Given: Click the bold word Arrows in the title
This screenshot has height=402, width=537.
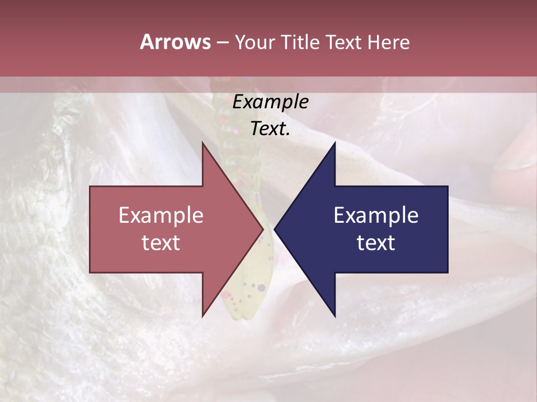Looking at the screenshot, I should [x=175, y=42].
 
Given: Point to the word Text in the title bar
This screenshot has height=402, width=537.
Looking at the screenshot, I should [x=343, y=42].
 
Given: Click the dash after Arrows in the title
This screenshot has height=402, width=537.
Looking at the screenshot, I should [x=222, y=43].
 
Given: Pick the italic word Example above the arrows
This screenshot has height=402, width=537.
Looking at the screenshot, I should [x=270, y=102].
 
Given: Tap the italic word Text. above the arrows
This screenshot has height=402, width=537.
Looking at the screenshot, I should [x=270, y=129].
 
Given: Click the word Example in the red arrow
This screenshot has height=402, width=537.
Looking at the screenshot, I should [x=161, y=216].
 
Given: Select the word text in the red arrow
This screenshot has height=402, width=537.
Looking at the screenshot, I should [x=161, y=243].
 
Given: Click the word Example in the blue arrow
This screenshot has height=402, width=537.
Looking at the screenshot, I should [x=376, y=216].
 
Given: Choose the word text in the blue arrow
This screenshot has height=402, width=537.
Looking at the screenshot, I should [x=376, y=243].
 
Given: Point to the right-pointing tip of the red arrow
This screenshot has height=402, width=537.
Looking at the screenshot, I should [x=262, y=229].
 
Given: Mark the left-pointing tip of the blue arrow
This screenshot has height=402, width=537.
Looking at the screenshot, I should [x=275, y=229].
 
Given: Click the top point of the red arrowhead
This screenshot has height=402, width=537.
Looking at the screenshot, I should [x=202, y=143].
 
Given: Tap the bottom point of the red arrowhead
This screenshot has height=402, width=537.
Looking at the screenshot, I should [x=202, y=316].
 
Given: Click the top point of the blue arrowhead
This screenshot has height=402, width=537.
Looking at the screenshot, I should [x=335, y=143].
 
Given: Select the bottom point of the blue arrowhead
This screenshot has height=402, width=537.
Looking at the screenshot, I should [x=335, y=316].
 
